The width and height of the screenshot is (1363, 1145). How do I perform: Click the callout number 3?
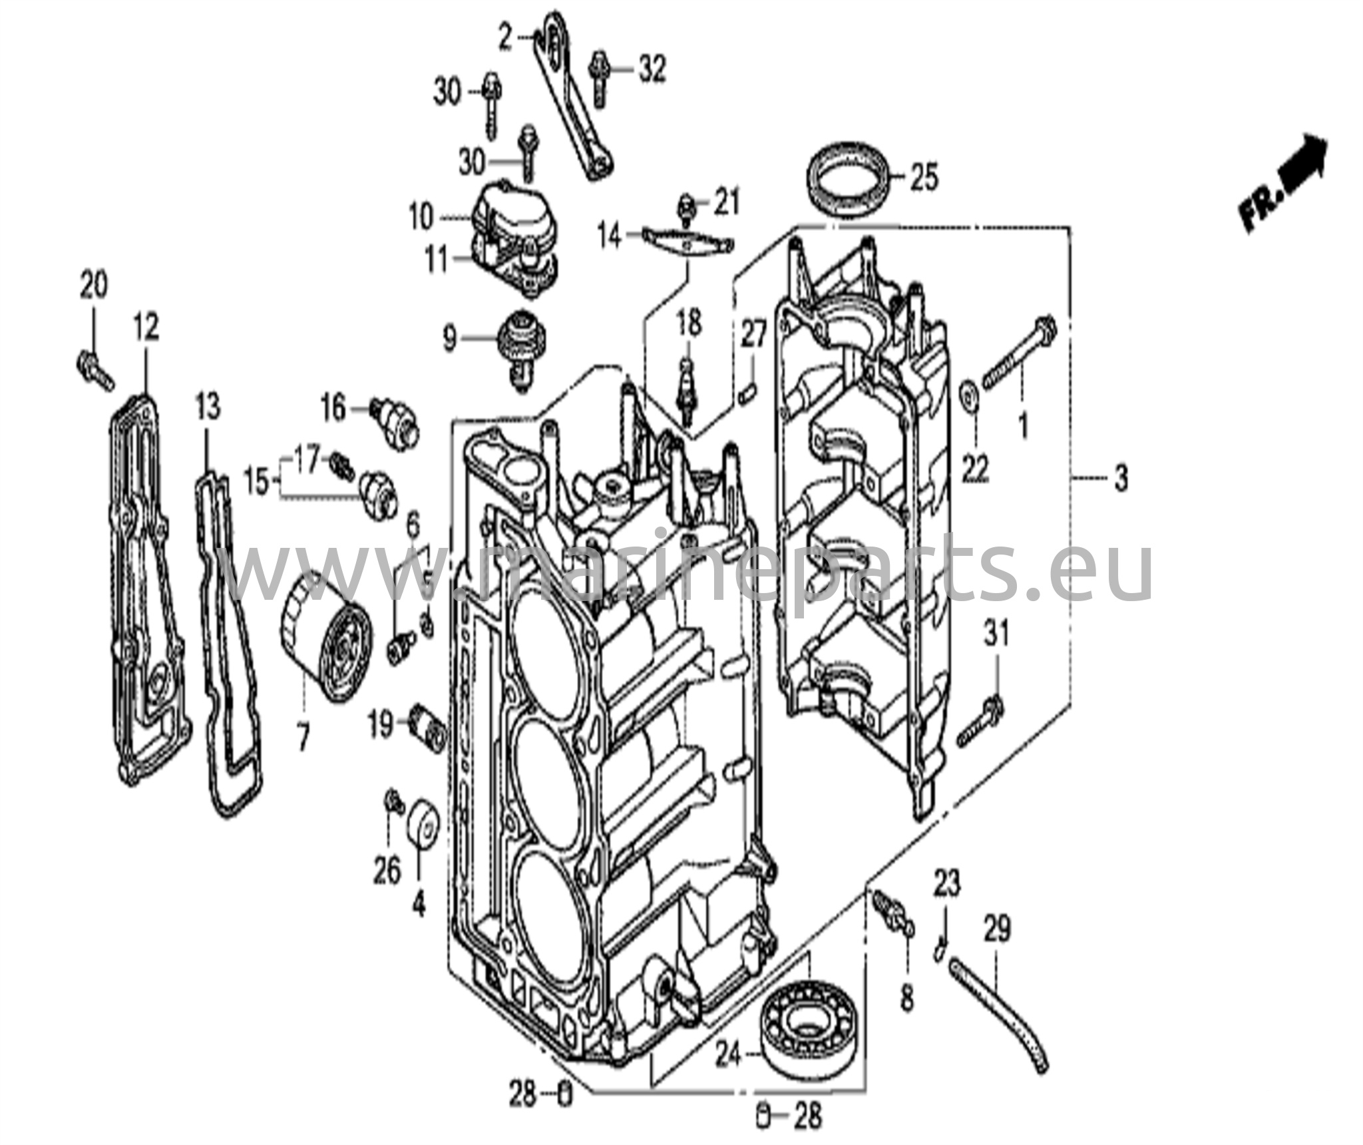pos(1121,478)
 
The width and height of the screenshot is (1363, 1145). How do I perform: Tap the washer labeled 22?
pos(969,397)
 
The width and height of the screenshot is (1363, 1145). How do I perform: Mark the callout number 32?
pos(652,69)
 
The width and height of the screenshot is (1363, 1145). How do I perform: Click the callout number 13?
pos(208,407)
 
